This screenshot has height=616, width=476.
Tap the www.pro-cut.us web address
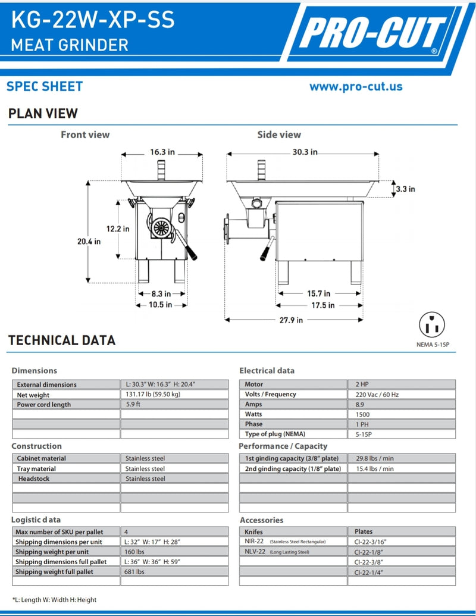(356, 86)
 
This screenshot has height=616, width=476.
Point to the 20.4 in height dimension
(89, 241)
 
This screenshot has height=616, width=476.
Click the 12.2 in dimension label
(118, 229)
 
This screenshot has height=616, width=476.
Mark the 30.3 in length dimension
(304, 152)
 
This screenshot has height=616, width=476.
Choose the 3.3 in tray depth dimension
(405, 189)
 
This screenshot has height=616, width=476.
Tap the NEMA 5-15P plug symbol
(432, 325)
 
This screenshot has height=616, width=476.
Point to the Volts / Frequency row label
(271, 395)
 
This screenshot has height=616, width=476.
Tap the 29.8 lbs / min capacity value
(374, 458)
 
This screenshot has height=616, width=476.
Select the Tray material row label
(36, 468)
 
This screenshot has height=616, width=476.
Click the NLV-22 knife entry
(254, 552)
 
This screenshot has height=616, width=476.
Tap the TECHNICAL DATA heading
(62, 340)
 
